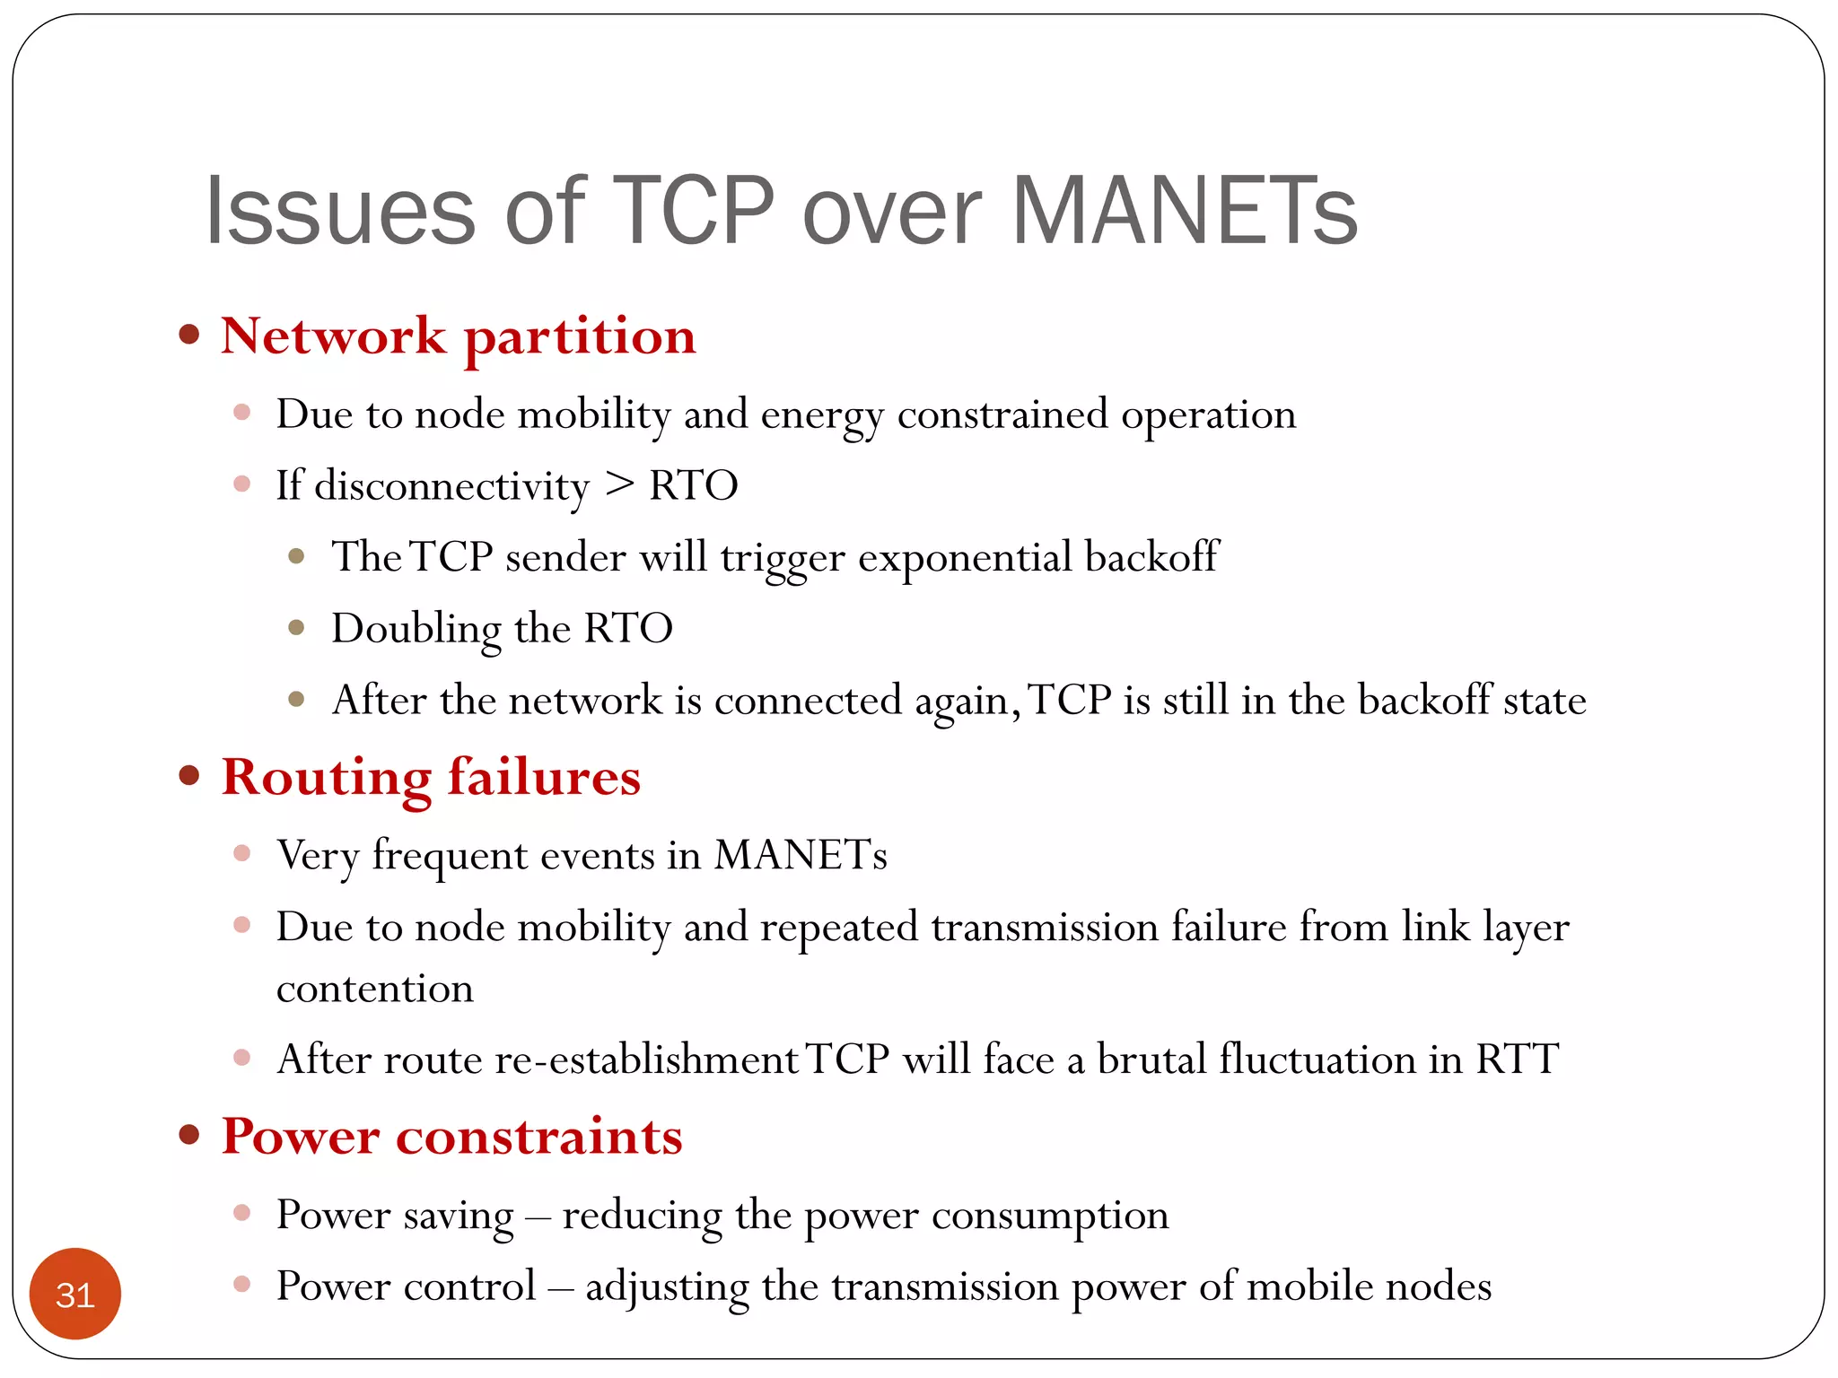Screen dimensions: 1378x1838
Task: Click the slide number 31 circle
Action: [75, 1294]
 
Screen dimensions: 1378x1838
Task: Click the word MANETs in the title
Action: [1185, 211]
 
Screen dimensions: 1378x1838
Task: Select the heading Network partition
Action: [458, 337]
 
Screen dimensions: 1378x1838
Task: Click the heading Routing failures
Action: [431, 778]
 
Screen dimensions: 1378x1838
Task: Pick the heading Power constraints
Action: [451, 1137]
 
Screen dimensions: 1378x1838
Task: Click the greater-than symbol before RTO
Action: [619, 485]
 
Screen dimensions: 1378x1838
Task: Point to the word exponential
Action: [965, 557]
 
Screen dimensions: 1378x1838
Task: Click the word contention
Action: [374, 989]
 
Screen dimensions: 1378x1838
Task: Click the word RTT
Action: [1517, 1060]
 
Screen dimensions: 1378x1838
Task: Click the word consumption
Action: [1050, 1216]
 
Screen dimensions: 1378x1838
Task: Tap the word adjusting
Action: [667, 1287]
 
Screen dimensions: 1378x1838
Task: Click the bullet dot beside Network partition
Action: [188, 336]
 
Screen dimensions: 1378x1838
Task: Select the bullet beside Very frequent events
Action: [241, 852]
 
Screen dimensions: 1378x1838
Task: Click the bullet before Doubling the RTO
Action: [297, 627]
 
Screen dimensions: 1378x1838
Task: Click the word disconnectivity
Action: [452, 486]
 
